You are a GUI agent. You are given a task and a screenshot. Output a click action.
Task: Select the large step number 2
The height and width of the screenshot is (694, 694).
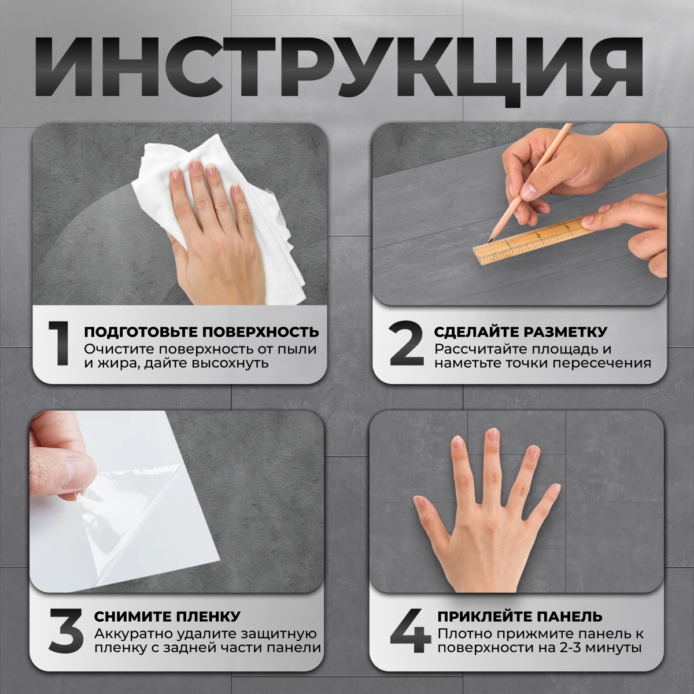(x=407, y=344)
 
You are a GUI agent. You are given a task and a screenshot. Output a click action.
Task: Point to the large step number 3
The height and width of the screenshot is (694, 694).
(x=66, y=631)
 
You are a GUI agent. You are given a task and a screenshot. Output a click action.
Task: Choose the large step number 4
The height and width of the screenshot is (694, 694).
(x=410, y=631)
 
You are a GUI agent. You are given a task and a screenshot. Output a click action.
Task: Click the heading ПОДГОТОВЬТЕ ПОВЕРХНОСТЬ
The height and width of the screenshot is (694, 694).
(x=201, y=332)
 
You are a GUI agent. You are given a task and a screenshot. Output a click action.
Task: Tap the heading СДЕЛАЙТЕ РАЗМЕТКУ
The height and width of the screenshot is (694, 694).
(x=520, y=332)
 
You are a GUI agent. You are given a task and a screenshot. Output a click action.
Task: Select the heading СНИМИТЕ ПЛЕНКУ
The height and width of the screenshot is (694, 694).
(x=167, y=617)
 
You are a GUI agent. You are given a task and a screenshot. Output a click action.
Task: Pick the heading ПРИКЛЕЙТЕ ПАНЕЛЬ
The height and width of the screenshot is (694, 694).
(x=519, y=617)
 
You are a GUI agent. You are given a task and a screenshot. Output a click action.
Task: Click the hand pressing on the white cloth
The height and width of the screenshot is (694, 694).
(x=214, y=231)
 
